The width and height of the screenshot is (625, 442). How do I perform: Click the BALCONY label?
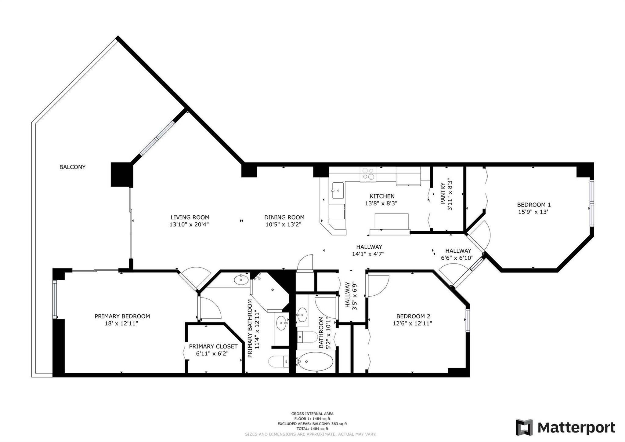click(72, 167)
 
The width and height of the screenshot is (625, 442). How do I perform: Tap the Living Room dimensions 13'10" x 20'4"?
click(189, 225)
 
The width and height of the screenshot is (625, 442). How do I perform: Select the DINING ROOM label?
click(284, 217)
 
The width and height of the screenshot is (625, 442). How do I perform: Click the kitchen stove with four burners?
click(368, 174)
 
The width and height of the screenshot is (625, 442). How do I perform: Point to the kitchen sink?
click(338, 191)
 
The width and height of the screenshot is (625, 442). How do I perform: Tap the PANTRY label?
click(443, 193)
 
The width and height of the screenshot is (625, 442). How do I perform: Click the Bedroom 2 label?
click(413, 316)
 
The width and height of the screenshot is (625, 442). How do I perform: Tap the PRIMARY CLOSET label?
click(213, 346)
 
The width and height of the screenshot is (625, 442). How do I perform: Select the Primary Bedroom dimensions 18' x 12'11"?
click(121, 323)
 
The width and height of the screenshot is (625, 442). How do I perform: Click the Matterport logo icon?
click(524, 427)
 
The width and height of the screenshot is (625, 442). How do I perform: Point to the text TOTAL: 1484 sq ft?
click(312, 429)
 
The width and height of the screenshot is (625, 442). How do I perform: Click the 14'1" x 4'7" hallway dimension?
click(368, 254)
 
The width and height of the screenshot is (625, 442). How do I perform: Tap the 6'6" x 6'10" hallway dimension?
click(457, 258)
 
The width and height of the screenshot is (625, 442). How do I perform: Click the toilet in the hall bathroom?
click(307, 337)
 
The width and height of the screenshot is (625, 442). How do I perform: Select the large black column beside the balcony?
click(122, 174)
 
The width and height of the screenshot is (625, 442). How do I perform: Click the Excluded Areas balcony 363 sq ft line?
click(312, 424)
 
